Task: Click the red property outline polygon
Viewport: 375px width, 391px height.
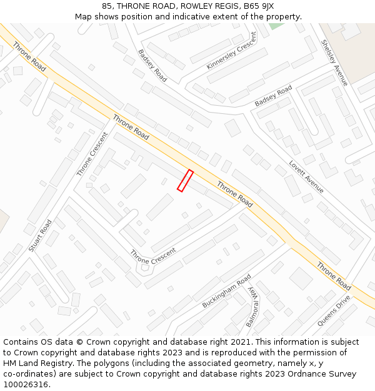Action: click(185, 180)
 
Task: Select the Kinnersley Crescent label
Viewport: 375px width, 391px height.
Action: click(231, 51)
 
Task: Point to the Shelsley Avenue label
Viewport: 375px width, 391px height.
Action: click(334, 63)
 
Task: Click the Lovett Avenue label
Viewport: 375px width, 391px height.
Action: click(306, 176)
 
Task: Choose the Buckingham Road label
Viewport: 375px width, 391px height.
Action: click(226, 291)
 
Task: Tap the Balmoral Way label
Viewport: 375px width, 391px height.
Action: click(251, 308)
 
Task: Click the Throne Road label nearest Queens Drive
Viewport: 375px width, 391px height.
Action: click(334, 275)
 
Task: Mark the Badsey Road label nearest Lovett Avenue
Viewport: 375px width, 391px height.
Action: click(274, 96)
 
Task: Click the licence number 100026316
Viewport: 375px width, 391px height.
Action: click(26, 385)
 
